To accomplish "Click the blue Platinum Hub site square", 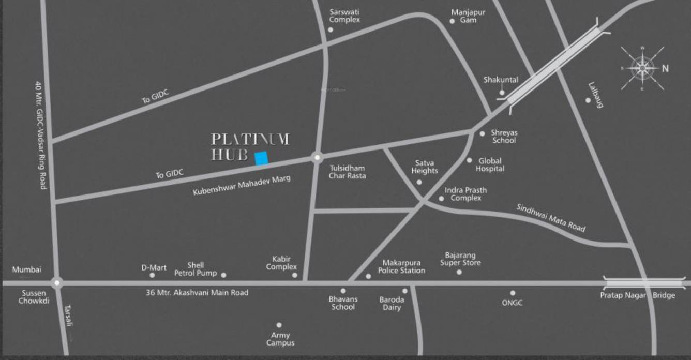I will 261,158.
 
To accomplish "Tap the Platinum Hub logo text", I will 250,146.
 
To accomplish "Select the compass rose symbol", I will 642,67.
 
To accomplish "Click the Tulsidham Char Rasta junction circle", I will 317,157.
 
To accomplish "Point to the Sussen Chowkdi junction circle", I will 57,282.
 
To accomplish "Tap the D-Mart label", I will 154,267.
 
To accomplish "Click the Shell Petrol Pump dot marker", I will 223,275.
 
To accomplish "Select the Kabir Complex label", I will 281,263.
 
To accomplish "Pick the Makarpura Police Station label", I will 401,266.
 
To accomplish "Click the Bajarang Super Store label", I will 460,259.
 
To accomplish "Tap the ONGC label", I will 512,303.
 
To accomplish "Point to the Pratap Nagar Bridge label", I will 637,295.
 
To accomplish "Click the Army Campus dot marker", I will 279,325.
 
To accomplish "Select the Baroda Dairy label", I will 392,304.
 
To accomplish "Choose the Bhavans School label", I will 342,303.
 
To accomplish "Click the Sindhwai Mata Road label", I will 551,217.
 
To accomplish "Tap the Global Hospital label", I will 490,164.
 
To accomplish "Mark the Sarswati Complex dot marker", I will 331,29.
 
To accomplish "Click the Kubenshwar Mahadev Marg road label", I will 242,185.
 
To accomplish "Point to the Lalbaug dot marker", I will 588,100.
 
